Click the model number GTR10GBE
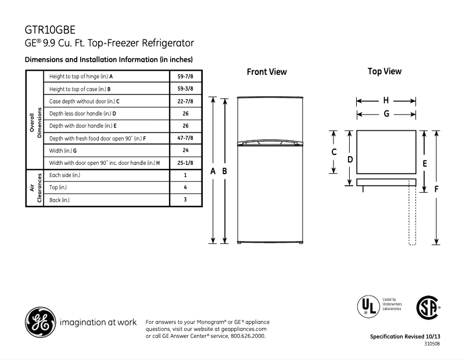click(50, 30)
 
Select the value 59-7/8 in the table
click(185, 76)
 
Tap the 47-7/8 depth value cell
click(185, 138)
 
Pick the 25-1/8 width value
click(185, 163)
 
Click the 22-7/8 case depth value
click(185, 101)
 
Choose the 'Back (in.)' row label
click(60, 200)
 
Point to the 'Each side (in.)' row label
click(65, 175)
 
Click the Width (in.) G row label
click(63, 150)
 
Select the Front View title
click(267, 72)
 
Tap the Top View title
click(385, 71)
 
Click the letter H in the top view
click(386, 100)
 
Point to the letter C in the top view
click(334, 152)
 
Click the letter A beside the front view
click(213, 171)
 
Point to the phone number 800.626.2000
click(248, 336)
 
